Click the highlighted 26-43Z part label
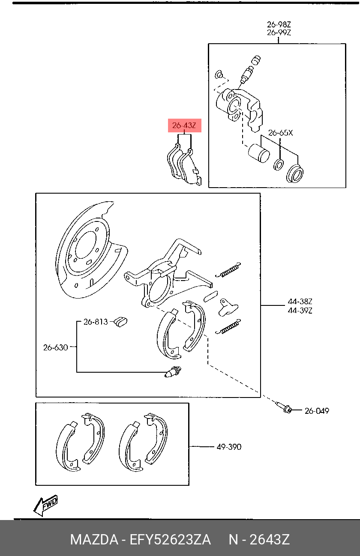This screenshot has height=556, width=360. [184, 126]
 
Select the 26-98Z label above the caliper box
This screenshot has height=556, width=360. [279, 24]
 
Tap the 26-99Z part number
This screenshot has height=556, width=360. [279, 33]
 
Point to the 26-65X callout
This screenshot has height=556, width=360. [281, 133]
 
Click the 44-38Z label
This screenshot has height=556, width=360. [300, 302]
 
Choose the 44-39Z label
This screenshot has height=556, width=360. [300, 311]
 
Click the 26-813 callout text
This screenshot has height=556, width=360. [96, 322]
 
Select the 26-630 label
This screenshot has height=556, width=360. [55, 347]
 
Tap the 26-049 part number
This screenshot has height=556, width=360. [317, 411]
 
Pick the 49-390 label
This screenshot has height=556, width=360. [229, 447]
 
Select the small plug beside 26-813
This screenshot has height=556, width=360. [121, 322]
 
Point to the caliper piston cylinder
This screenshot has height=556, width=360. [259, 153]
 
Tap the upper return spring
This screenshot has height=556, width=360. [228, 270]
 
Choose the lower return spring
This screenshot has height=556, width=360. [228, 327]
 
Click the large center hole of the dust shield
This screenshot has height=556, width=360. [85, 245]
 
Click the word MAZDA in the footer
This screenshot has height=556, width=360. [94, 539]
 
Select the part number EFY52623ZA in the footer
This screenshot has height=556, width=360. [170, 539]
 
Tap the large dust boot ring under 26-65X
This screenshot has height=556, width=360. [295, 173]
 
